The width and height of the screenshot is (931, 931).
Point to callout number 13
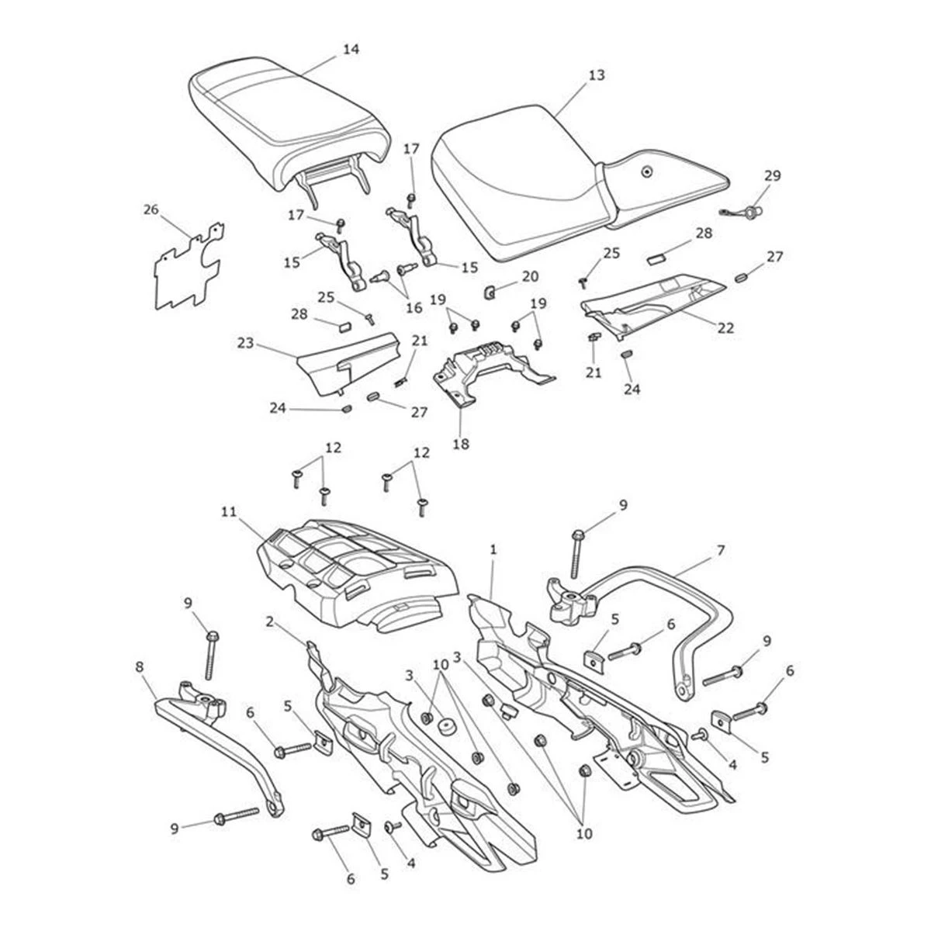tap(596, 75)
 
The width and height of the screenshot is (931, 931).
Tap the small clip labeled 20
tap(490, 292)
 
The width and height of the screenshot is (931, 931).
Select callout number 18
tap(463, 445)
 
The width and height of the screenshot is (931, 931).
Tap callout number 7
tap(721, 550)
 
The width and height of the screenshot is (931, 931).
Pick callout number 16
tap(414, 308)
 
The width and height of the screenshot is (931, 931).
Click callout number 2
tap(269, 621)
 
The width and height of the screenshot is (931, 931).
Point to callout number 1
tap(493, 549)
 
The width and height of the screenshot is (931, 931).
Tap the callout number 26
tap(151, 209)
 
